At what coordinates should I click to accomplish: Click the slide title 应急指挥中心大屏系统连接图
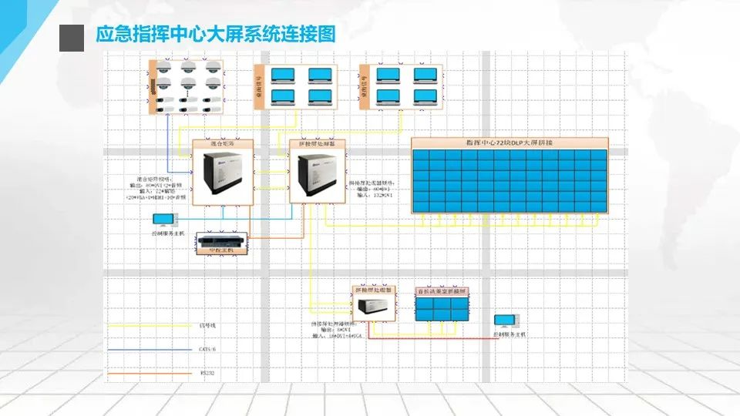(216, 35)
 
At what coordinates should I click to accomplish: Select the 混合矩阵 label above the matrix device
(222, 144)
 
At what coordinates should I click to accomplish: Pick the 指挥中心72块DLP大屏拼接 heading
(510, 143)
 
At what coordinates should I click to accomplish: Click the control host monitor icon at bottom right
(507, 322)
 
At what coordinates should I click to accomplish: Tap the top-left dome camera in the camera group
(163, 70)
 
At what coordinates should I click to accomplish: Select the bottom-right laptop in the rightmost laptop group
(425, 97)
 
